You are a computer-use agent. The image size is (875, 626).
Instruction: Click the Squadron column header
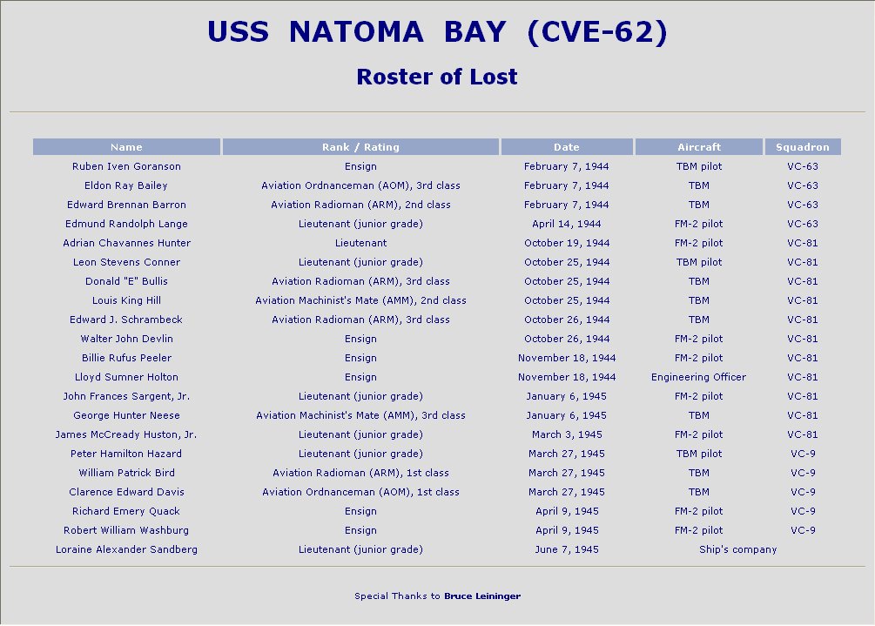click(x=803, y=147)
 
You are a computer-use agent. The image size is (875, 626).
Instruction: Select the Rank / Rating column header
click(x=360, y=147)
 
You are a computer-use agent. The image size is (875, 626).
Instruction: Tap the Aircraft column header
click(x=698, y=147)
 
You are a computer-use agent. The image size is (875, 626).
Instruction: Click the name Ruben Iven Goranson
click(x=126, y=166)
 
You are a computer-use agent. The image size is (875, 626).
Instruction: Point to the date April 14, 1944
click(x=567, y=224)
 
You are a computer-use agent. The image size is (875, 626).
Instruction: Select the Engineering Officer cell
click(x=698, y=377)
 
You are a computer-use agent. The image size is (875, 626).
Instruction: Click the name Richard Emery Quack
click(x=126, y=511)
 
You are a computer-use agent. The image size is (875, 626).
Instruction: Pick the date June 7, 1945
click(x=567, y=549)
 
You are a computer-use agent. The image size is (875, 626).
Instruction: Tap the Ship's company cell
click(x=737, y=549)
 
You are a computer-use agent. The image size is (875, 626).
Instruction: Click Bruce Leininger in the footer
click(x=482, y=596)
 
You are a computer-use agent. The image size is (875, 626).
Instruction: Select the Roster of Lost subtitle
click(x=437, y=77)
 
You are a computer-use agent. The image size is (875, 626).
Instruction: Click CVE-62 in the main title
click(x=597, y=32)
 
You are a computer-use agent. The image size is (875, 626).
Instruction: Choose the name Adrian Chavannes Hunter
click(x=126, y=243)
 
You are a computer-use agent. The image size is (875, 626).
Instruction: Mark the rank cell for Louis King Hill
click(x=360, y=300)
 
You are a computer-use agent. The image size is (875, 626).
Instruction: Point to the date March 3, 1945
click(x=567, y=434)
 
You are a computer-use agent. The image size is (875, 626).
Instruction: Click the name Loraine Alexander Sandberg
click(x=126, y=549)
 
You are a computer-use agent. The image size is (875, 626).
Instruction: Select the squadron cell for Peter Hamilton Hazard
click(x=803, y=454)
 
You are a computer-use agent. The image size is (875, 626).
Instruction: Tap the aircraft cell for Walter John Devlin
click(x=698, y=339)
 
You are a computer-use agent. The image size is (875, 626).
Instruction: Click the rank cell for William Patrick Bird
click(x=360, y=473)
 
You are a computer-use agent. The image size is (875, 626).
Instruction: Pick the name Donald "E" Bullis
click(x=126, y=281)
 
